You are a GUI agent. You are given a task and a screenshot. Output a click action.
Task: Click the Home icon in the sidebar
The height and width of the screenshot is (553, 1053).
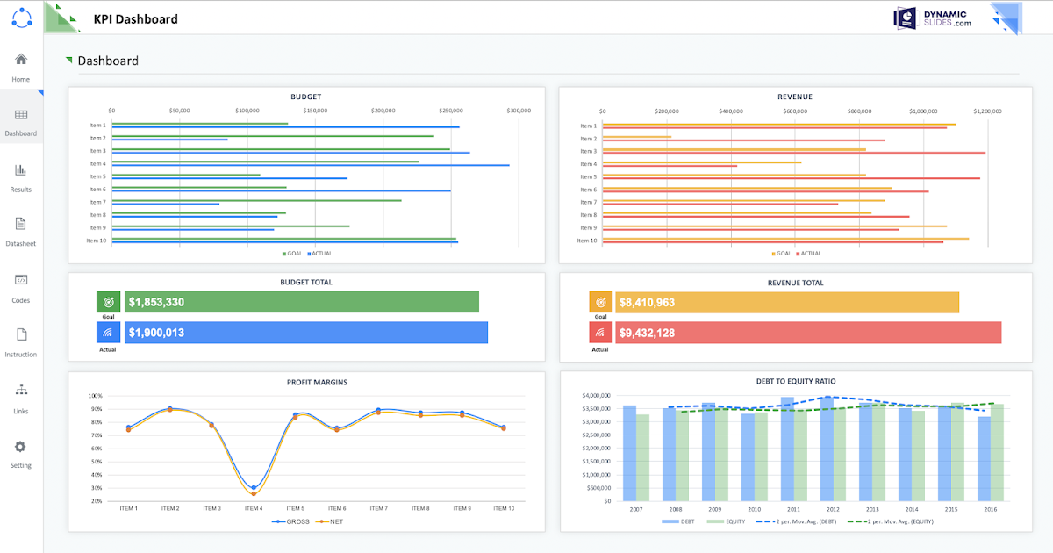tap(21, 60)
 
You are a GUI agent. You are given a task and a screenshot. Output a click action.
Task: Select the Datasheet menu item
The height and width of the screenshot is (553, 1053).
tap(21, 224)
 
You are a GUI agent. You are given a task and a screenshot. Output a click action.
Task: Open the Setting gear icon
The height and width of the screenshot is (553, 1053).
tap(21, 447)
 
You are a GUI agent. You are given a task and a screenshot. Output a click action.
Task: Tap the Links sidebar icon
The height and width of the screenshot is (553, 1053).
tap(21, 391)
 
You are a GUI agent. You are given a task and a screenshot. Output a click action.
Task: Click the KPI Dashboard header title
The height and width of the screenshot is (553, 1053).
tap(135, 18)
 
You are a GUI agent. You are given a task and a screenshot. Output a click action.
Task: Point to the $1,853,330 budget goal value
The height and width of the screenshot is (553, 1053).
tap(156, 302)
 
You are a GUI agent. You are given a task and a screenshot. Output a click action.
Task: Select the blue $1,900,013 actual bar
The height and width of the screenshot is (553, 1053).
tap(306, 333)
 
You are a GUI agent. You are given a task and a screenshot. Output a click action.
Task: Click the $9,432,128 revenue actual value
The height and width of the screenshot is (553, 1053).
tap(647, 333)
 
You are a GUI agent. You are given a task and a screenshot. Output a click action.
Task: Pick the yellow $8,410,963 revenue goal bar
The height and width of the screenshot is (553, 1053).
tap(787, 302)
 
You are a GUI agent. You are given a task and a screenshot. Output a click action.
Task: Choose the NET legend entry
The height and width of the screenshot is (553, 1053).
tap(329, 521)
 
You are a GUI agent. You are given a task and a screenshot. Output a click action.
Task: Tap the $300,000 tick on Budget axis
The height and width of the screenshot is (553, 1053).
tap(519, 111)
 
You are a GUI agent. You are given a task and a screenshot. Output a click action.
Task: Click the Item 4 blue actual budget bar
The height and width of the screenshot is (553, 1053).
tap(311, 165)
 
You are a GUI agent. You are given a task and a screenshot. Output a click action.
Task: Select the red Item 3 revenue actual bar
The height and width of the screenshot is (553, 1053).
tap(794, 153)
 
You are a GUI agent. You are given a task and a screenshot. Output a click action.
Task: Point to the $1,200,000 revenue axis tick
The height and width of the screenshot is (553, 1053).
tap(987, 111)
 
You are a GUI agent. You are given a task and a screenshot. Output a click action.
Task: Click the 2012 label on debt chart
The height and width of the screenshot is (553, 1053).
tap(832, 509)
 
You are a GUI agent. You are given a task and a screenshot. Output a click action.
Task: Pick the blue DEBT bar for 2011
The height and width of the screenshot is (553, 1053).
tap(787, 449)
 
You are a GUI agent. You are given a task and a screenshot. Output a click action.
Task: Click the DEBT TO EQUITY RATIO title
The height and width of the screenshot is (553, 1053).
tap(796, 382)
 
